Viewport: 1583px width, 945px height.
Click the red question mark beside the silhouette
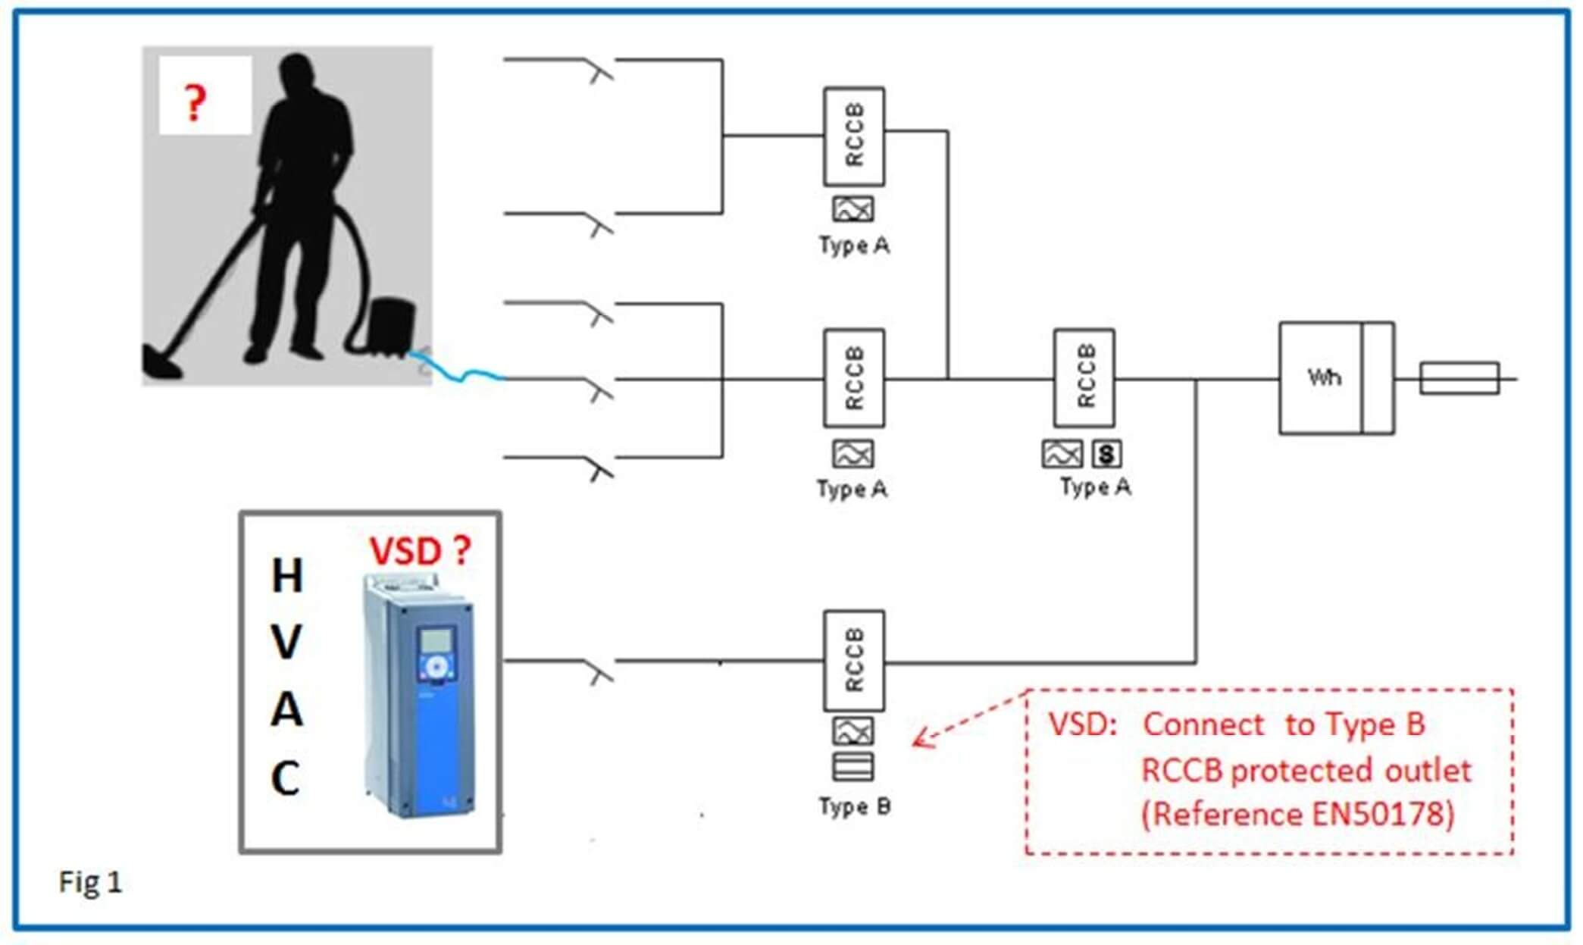(195, 103)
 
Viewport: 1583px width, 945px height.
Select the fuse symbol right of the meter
(1459, 378)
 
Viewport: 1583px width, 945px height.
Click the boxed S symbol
(1106, 454)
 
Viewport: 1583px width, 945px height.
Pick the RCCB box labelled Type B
(854, 660)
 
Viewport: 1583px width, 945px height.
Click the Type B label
(854, 806)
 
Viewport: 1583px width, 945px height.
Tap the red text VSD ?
(420, 550)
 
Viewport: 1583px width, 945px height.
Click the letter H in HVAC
(287, 576)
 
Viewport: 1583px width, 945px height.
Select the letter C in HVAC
(286, 778)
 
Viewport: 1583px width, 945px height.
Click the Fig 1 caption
(90, 882)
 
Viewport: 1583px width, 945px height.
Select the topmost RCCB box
(854, 136)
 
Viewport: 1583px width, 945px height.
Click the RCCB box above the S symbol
(1084, 377)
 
